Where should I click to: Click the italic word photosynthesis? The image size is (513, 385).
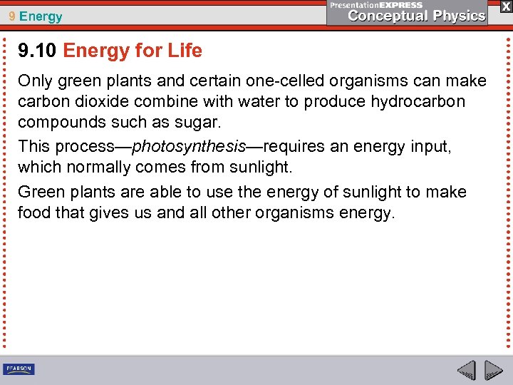click(x=189, y=147)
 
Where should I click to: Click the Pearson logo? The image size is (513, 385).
click(x=19, y=369)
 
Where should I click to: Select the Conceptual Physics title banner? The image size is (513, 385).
click(x=407, y=12)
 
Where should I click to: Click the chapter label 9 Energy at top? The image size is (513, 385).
click(x=36, y=16)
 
